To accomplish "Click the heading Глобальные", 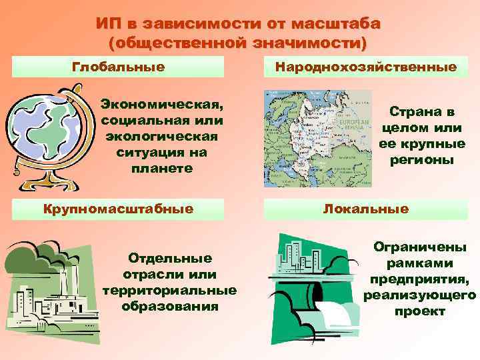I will (x=118, y=67).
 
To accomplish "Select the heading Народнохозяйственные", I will (x=366, y=67).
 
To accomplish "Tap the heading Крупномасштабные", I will (x=118, y=209).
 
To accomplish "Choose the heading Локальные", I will (x=366, y=209).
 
